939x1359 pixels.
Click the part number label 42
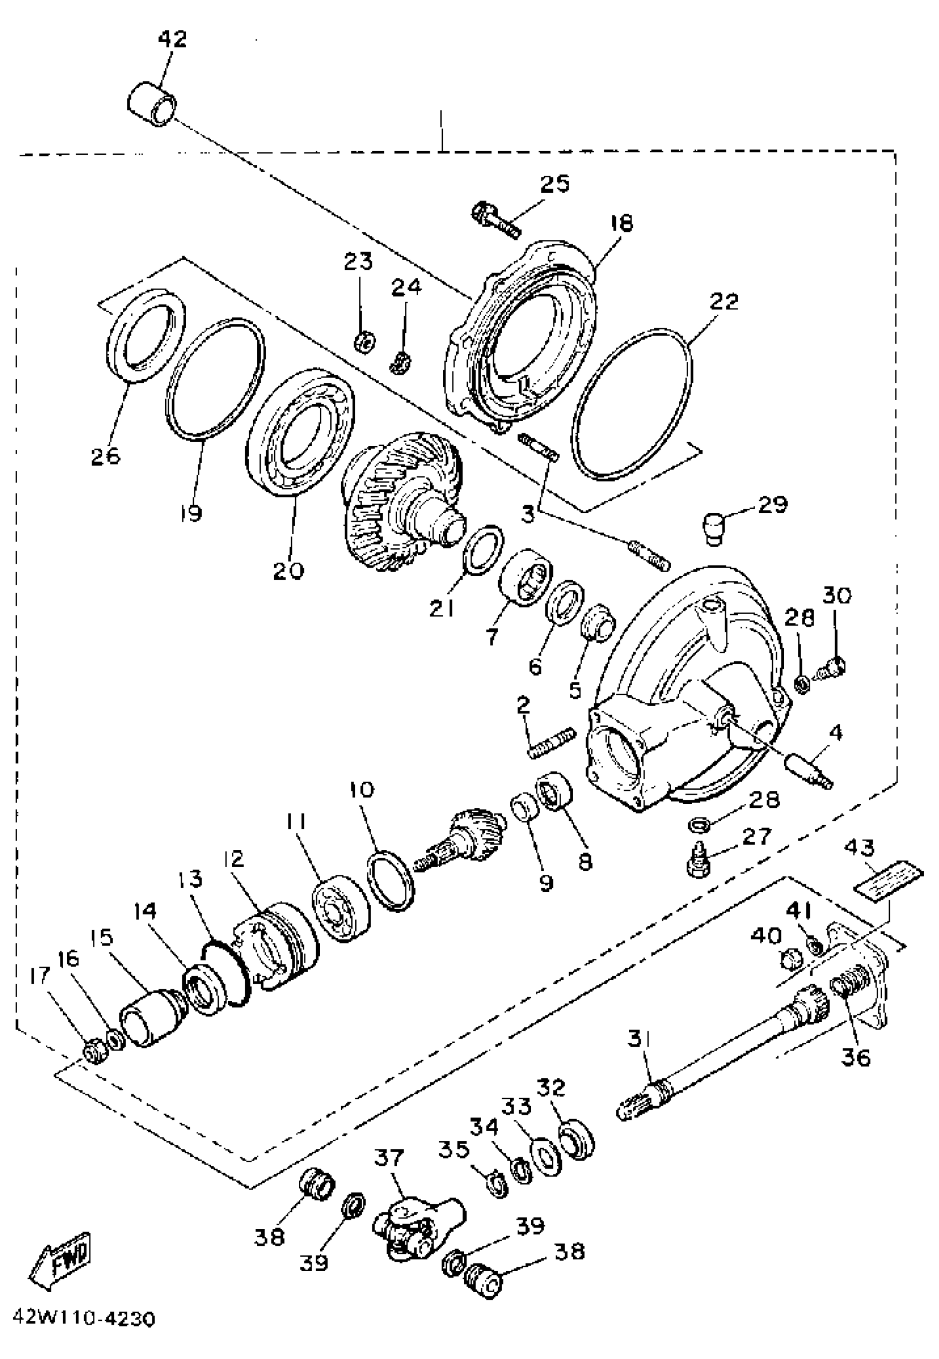pyautogui.click(x=172, y=39)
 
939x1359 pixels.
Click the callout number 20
pyautogui.click(x=288, y=570)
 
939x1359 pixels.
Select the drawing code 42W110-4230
pyautogui.click(x=83, y=1334)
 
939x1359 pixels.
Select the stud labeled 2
pyautogui.click(x=552, y=744)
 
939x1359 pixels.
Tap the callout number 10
pyautogui.click(x=361, y=789)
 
